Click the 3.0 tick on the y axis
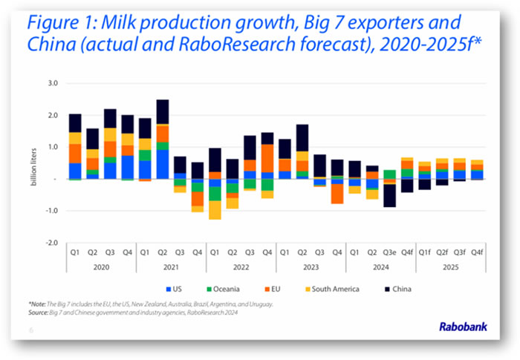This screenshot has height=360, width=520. [x=53, y=84]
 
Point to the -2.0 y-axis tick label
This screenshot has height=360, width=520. [x=51, y=243]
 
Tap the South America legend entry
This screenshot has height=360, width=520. [x=327, y=289]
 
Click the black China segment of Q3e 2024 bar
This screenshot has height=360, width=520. [x=389, y=194]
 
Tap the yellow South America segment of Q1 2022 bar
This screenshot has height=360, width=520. [x=214, y=210]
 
